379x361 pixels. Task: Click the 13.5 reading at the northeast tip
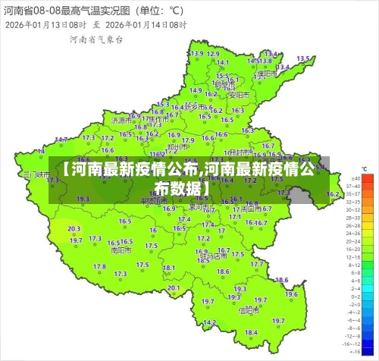(x=302, y=58)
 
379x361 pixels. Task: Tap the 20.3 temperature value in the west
(x=74, y=228)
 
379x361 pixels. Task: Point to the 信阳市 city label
(x=249, y=310)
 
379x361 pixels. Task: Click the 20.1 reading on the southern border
(x=174, y=287)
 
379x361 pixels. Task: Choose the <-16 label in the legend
(x=352, y=350)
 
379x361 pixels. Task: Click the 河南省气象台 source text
(x=96, y=38)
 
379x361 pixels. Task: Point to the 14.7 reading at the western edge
(x=61, y=140)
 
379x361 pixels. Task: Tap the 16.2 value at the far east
(x=332, y=194)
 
